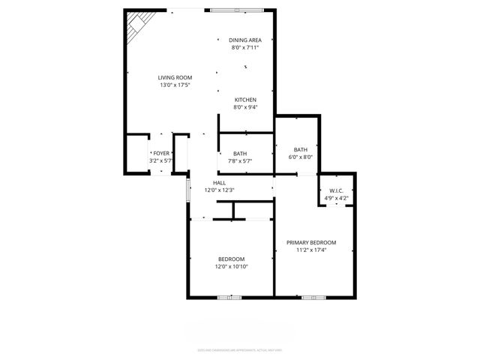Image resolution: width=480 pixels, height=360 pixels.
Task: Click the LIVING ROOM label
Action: (x=175, y=77)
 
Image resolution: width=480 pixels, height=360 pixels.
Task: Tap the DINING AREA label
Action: (x=244, y=40)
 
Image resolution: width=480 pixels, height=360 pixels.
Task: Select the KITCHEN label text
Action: (x=245, y=100)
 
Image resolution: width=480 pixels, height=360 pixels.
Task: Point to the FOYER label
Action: (x=161, y=153)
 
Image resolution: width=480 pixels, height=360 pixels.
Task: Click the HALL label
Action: (x=219, y=183)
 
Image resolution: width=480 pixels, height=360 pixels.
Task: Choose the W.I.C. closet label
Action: (x=335, y=190)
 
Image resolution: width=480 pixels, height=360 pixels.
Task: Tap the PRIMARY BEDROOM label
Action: (x=311, y=242)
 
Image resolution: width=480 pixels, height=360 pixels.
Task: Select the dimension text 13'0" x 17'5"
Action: (x=175, y=85)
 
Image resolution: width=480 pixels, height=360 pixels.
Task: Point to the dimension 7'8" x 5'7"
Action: (x=239, y=160)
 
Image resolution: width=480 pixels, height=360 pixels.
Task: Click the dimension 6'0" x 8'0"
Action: (x=300, y=157)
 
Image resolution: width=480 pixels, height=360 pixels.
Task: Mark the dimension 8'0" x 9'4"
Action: (x=245, y=107)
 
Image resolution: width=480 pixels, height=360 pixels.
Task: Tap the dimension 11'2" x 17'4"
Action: (x=311, y=250)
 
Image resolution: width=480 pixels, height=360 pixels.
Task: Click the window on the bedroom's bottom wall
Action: (x=229, y=297)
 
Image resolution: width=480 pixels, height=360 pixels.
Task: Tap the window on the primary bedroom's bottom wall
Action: (x=313, y=297)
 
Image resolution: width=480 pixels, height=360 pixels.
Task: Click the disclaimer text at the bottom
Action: (x=239, y=349)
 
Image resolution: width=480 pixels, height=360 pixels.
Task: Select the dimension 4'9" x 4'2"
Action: (x=335, y=198)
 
